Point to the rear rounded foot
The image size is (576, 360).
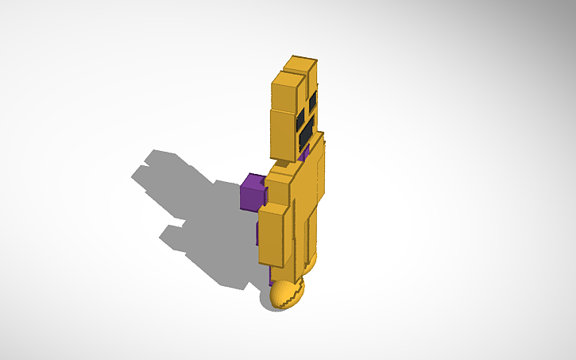coord(311,260)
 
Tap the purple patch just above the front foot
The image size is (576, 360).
coord(274,277)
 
